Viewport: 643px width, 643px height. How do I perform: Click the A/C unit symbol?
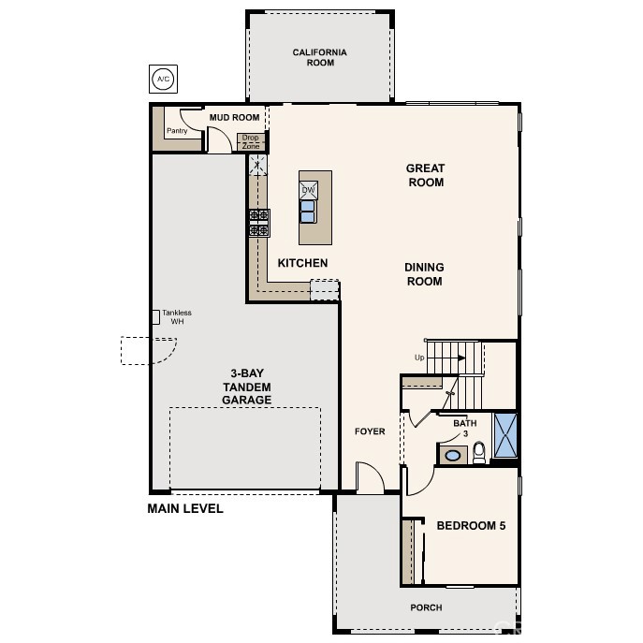coord(163,79)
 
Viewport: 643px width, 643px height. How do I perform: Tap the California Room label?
coord(320,57)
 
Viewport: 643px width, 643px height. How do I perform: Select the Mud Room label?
coord(235,118)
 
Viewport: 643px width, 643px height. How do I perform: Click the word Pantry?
coord(177,131)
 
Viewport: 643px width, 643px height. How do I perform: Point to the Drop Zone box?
coord(251,142)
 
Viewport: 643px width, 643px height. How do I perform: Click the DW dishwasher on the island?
coord(308,190)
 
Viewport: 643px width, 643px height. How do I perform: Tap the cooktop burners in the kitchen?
coord(259,223)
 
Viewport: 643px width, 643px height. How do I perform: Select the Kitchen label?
coord(302,263)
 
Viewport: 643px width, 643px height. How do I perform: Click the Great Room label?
coord(426,175)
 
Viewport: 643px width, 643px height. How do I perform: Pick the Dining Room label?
coord(424,274)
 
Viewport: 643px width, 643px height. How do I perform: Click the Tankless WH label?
coord(177,317)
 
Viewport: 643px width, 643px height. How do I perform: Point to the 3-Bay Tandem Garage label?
coord(247,387)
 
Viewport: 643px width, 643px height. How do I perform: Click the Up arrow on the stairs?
coord(461,358)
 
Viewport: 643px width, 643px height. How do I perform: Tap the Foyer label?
coord(370,431)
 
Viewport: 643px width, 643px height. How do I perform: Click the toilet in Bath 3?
coord(479,452)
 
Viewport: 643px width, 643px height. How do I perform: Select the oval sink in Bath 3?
coord(453,456)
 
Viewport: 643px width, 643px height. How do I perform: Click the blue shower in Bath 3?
coord(505,435)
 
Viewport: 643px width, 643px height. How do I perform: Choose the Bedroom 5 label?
coord(471,526)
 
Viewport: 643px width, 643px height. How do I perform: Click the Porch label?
coord(426,607)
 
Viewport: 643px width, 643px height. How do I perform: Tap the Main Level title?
coord(185,508)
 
